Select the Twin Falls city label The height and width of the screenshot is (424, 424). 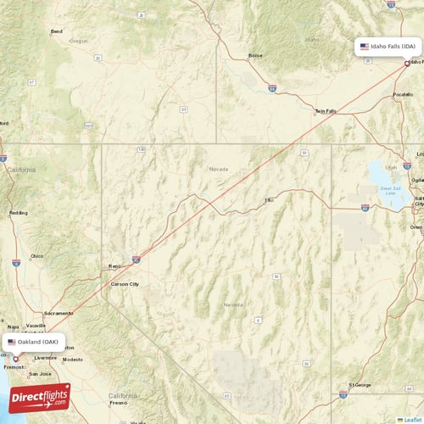(x=325, y=111)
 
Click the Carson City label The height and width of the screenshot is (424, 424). (x=123, y=284)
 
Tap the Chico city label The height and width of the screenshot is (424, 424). (x=36, y=255)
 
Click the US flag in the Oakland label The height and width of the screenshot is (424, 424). (x=12, y=343)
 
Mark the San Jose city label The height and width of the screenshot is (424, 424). (x=40, y=373)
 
